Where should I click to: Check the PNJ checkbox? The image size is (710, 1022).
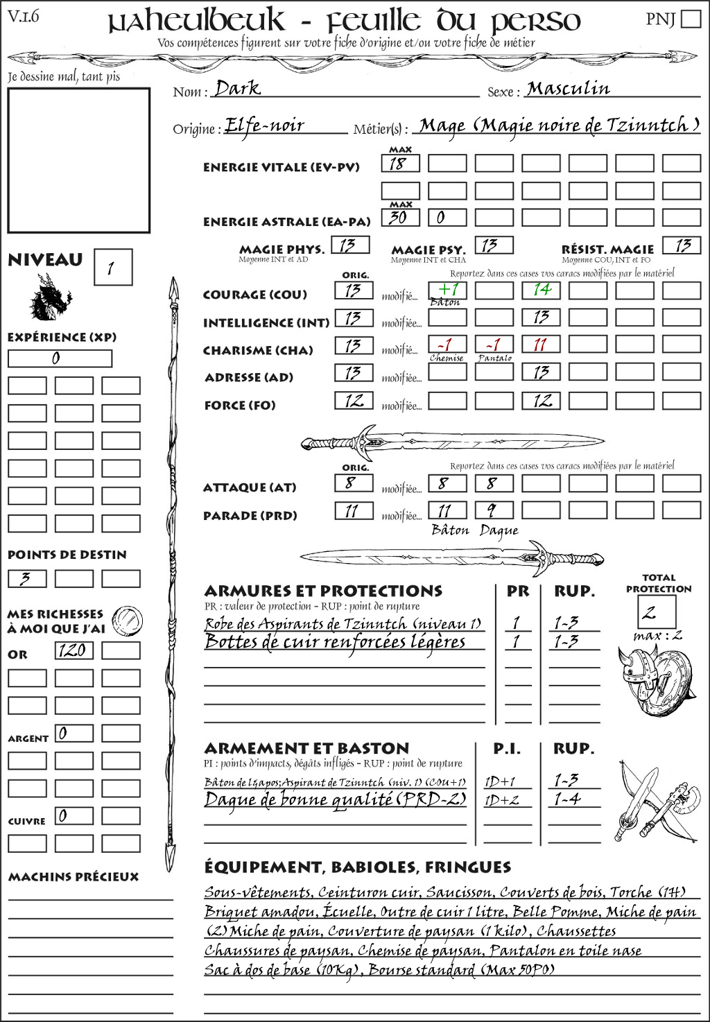click(x=691, y=19)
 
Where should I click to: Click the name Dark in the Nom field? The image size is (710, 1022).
click(x=237, y=88)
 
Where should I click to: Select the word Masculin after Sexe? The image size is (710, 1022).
click(x=568, y=88)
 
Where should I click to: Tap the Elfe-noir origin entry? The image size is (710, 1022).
click(x=264, y=125)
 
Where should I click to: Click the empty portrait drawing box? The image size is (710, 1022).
click(x=78, y=160)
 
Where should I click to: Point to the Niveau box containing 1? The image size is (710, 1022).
click(x=112, y=268)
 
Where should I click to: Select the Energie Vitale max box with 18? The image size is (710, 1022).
click(x=400, y=164)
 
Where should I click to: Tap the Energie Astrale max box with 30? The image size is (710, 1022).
click(x=400, y=217)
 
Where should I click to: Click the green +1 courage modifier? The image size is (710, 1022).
click(x=447, y=289)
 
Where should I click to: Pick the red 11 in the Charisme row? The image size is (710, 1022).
click(x=541, y=345)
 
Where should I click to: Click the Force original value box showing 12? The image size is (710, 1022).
click(x=354, y=401)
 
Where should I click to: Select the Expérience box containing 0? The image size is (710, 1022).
click(x=60, y=358)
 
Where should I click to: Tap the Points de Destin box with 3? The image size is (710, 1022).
click(x=27, y=578)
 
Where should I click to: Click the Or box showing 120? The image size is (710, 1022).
click(x=73, y=650)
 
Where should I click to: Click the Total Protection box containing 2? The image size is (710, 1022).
click(x=657, y=612)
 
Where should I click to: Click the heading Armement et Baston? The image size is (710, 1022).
click(x=306, y=749)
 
